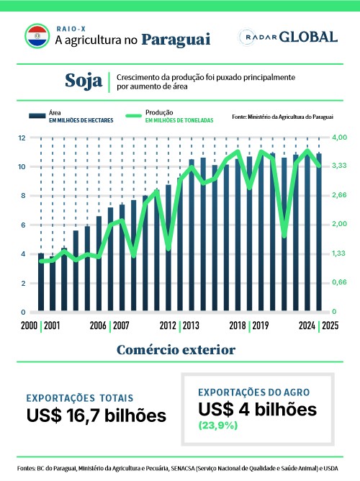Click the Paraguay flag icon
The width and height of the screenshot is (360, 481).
(x=37, y=36)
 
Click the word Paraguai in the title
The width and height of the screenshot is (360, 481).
(x=176, y=40)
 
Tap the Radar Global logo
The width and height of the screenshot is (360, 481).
(x=288, y=37)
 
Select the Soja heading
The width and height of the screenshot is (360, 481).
(x=84, y=81)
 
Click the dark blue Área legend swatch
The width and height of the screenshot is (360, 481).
(x=37, y=116)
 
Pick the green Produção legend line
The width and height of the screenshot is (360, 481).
(x=133, y=116)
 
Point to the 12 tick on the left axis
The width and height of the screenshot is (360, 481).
(x=22, y=138)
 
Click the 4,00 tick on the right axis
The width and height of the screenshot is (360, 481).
(x=339, y=137)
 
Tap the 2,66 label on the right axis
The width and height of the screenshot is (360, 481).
(x=339, y=195)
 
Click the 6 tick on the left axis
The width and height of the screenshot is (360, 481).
(x=23, y=225)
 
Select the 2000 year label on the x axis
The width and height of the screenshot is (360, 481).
(x=29, y=325)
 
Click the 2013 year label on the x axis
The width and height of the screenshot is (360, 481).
(x=191, y=325)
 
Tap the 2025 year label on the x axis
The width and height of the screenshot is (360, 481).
(x=330, y=325)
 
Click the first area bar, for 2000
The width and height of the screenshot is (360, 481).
(x=41, y=282)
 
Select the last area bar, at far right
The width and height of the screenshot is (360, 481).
(x=319, y=232)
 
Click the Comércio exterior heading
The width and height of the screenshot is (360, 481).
(x=176, y=350)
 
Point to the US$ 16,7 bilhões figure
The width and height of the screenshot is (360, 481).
(x=96, y=415)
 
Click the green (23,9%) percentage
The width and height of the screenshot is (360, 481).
(x=218, y=426)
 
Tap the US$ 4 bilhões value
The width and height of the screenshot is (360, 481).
(x=257, y=410)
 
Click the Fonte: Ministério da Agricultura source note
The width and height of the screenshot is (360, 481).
(x=282, y=117)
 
